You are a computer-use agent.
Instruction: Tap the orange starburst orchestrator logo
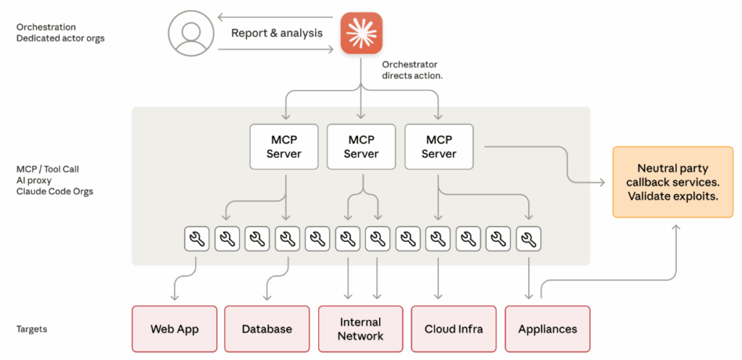[362, 33]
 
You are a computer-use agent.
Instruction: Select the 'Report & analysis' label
[276, 33]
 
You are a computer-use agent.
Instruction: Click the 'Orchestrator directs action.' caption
[412, 70]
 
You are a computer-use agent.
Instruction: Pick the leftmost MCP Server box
[283, 146]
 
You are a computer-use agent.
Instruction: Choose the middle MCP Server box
[361, 146]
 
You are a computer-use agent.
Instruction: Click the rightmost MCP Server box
[438, 146]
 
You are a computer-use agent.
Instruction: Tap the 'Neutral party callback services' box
[672, 182]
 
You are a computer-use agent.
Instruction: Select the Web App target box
[174, 329]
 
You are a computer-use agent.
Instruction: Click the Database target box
[267, 329]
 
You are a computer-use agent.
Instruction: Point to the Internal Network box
[360, 329]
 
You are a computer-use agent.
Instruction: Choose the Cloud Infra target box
[454, 329]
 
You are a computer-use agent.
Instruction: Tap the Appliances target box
[547, 329]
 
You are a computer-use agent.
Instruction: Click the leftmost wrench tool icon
[196, 238]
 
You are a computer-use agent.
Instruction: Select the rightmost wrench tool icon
[530, 238]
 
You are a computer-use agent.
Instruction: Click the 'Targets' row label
[31, 329]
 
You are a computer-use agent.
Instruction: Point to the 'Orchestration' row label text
[46, 27]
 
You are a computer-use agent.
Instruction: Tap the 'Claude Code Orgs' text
[54, 191]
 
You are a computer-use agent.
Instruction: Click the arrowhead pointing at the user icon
[221, 17]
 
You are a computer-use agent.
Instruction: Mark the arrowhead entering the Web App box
[174, 298]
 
